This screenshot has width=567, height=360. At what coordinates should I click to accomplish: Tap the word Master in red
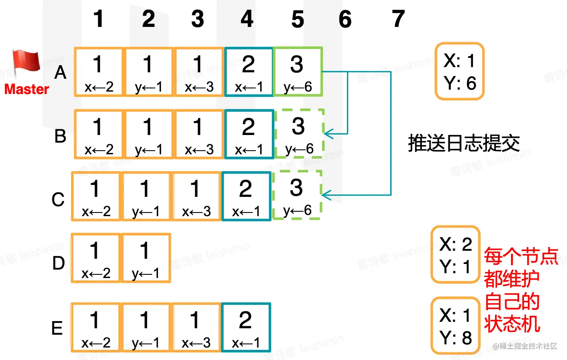tap(27, 89)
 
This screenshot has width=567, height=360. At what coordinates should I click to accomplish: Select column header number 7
tap(398, 19)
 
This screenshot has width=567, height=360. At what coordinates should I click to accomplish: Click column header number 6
tap(345, 19)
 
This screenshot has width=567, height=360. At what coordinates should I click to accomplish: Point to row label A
tap(60, 73)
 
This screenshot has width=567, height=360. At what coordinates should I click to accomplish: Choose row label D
tap(59, 263)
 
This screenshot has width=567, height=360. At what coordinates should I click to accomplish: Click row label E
tap(57, 328)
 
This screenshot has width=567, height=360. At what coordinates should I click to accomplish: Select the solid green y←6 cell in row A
tap(298, 72)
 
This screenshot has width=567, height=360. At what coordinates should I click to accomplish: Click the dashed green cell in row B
tap(299, 134)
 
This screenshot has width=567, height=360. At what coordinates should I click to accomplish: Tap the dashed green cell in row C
tap(297, 196)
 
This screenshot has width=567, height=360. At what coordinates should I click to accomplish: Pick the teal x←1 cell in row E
tap(246, 327)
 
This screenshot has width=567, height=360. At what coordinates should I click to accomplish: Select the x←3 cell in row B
tap(199, 134)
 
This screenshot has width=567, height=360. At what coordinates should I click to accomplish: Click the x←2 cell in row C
tap(96, 196)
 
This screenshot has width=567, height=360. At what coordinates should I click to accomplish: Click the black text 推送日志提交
tap(464, 143)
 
